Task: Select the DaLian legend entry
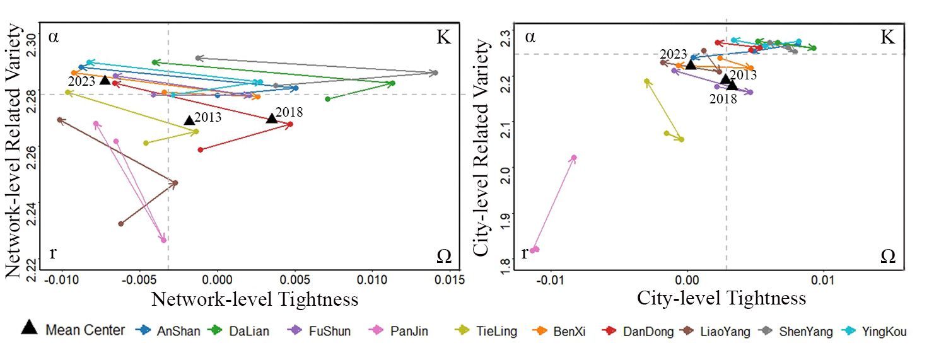point(250,330)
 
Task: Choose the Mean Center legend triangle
point(29,327)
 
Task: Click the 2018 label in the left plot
point(289,113)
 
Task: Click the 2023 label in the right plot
point(672,54)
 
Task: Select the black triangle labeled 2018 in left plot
point(272,118)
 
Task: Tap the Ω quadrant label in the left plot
point(443,256)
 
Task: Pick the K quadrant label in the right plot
point(887,37)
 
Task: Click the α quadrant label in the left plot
point(54,37)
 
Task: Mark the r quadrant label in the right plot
point(524,254)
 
